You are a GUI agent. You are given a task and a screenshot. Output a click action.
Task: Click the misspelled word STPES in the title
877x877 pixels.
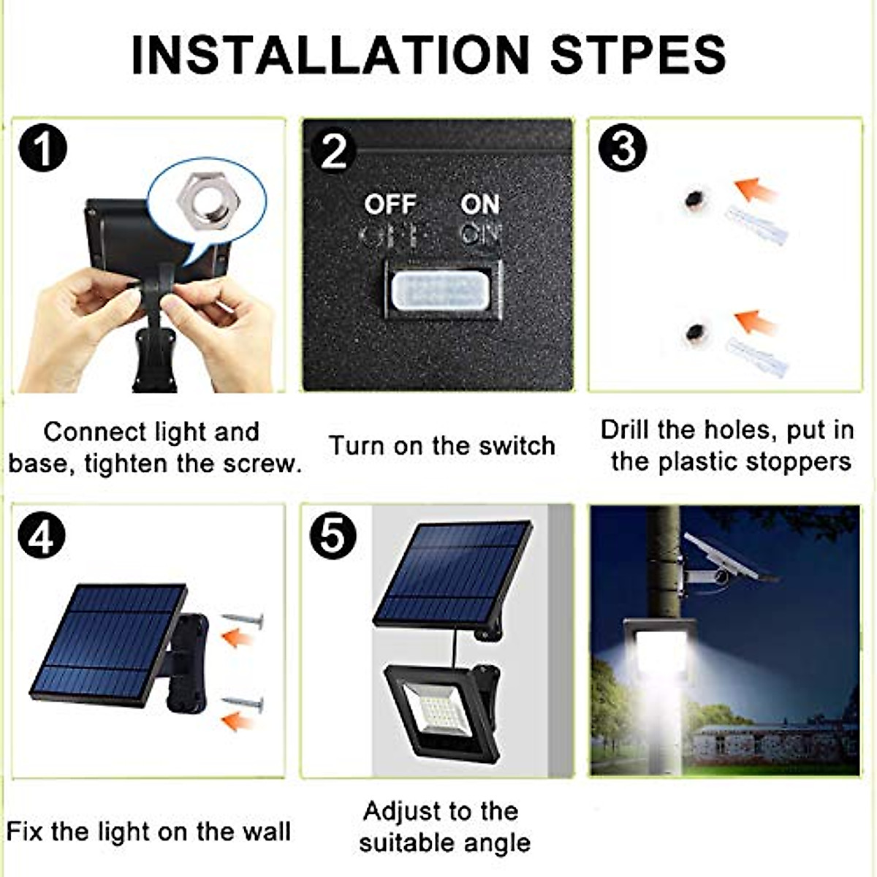(637, 54)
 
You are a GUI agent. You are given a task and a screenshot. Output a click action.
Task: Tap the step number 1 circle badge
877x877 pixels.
(43, 148)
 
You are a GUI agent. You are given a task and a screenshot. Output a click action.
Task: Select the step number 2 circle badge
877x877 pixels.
(333, 151)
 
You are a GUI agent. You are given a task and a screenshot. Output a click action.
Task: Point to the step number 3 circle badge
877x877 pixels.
(622, 148)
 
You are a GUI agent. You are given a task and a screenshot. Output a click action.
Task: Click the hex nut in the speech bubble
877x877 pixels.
(205, 197)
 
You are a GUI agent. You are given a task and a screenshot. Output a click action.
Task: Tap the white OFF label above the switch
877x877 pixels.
(390, 205)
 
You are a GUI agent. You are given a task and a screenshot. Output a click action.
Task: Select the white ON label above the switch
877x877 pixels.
(480, 205)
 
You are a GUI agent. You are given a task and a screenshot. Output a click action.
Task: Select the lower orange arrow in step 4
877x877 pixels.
(237, 722)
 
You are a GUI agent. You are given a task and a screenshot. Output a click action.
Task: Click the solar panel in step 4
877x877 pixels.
(108, 642)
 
